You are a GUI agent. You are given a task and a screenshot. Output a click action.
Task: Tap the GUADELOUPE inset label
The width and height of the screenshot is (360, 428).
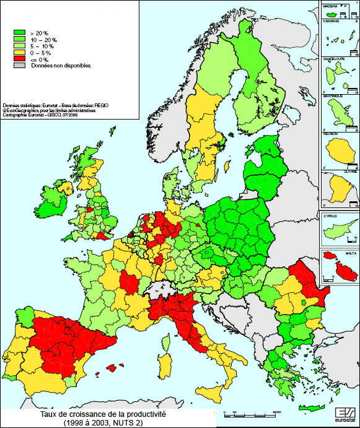click(x=335, y=59)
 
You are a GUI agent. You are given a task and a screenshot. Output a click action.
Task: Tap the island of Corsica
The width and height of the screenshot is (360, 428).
click(x=165, y=340)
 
